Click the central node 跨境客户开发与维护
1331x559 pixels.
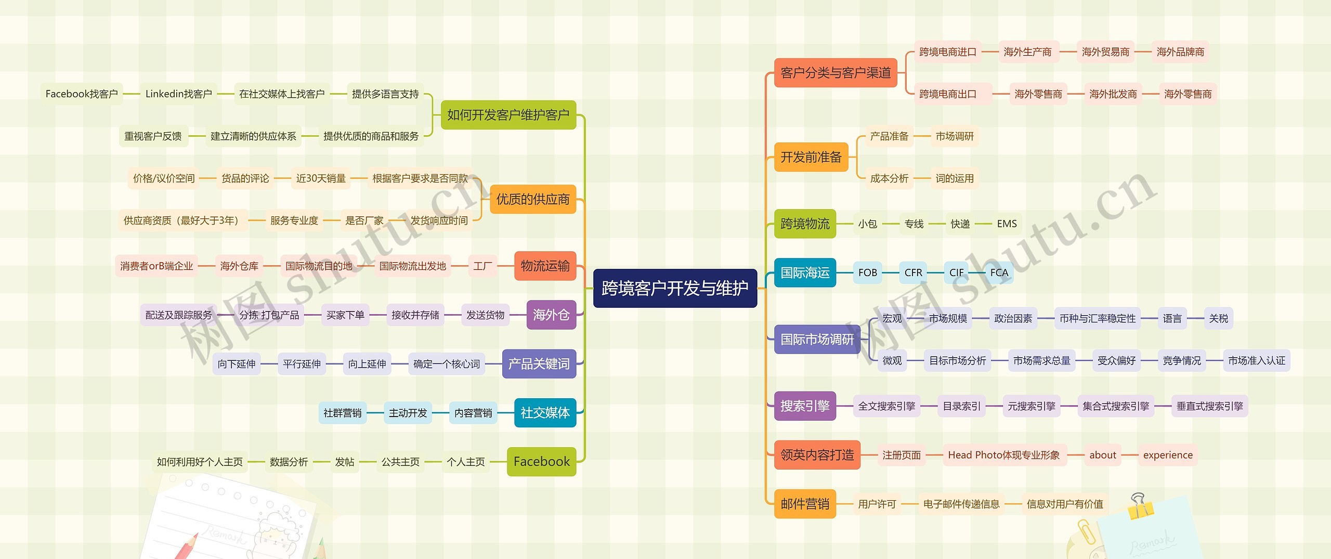(x=675, y=288)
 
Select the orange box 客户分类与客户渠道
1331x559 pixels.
(x=836, y=73)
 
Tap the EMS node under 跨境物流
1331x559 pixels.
(x=1007, y=224)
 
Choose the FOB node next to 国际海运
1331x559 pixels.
(x=867, y=272)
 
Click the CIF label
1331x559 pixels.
(x=956, y=272)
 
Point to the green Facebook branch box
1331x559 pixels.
(x=541, y=461)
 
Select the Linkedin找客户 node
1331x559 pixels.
(x=178, y=94)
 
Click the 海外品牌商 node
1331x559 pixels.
(x=1180, y=52)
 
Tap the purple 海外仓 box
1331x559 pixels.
(x=551, y=315)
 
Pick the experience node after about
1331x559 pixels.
(x=1168, y=455)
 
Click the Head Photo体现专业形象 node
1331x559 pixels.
(x=1003, y=455)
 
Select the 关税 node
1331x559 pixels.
(x=1218, y=318)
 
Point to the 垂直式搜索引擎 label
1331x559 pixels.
(x=1209, y=406)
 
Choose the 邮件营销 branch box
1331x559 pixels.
(x=805, y=504)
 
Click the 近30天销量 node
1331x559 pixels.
(x=321, y=178)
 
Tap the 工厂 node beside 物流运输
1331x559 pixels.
(x=482, y=266)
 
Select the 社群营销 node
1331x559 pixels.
(x=342, y=413)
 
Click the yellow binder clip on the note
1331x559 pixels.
(x=1140, y=506)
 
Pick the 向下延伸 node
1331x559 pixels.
(x=237, y=363)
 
